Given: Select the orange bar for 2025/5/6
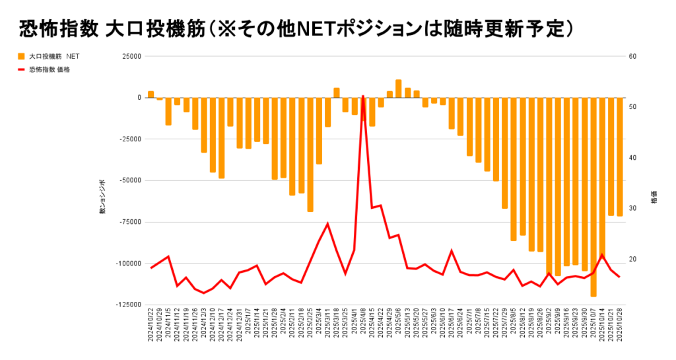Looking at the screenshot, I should [x=399, y=89].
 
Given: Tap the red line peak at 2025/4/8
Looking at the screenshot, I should [x=363, y=96].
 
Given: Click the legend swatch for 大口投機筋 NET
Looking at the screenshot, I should [x=21, y=57].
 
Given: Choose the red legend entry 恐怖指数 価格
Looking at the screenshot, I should [x=50, y=69].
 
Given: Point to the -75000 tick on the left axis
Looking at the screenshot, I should [x=129, y=222].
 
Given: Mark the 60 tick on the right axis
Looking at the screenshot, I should [x=632, y=56].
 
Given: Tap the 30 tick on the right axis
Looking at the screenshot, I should [x=632, y=208].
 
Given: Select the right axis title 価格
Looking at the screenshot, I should [x=654, y=198].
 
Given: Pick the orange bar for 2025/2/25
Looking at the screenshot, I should [x=310, y=155].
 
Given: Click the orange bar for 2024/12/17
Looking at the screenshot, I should [x=222, y=138].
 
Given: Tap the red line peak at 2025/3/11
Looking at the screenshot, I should [x=327, y=224].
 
